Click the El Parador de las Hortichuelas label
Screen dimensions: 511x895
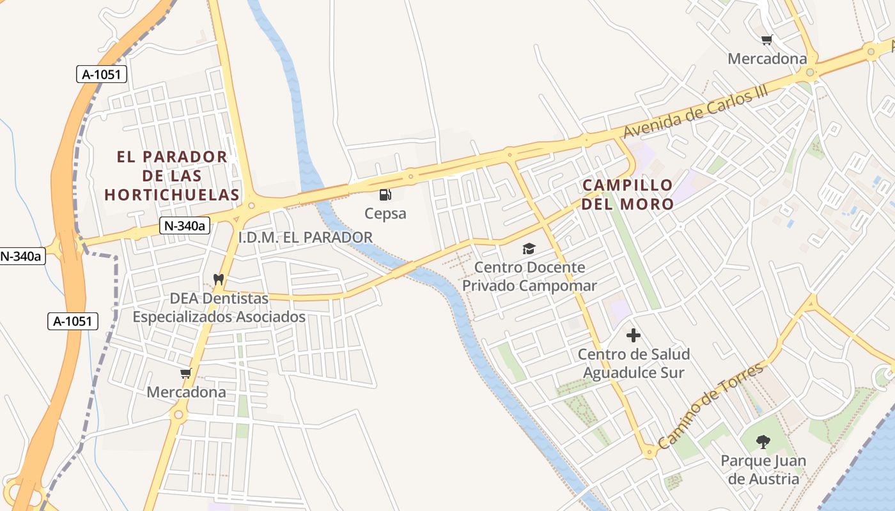(172, 176)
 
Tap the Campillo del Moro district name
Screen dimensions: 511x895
(627, 195)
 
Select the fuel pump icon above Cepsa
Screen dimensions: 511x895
(385, 195)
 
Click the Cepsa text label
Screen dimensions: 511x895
(385, 213)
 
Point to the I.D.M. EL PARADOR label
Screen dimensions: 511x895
(305, 238)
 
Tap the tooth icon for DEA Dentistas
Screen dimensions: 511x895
(218, 279)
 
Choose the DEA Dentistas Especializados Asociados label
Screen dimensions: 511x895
(219, 307)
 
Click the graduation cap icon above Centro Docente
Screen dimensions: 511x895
(529, 248)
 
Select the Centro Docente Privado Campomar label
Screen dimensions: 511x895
(529, 277)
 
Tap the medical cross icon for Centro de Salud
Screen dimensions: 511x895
(634, 335)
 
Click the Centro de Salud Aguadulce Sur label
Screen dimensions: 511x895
(634, 363)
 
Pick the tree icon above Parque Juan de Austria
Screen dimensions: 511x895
(763, 441)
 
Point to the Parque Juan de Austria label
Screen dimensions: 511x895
(763, 469)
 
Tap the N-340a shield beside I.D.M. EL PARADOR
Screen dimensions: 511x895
(185, 225)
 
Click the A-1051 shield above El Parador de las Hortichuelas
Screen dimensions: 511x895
(102, 74)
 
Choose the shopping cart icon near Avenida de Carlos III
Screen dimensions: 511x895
(767, 40)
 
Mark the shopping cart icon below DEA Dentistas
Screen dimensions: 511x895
(186, 374)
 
